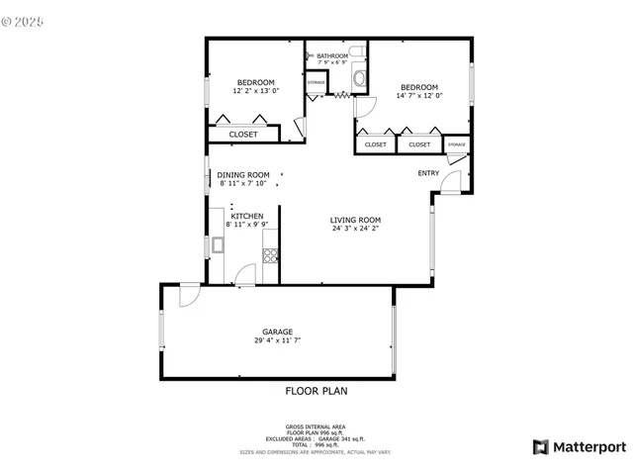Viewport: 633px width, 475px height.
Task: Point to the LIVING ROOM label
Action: (x=355, y=220)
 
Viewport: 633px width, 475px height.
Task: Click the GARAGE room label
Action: (x=277, y=332)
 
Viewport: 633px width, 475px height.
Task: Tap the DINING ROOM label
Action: (x=243, y=175)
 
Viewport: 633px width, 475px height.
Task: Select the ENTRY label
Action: (x=428, y=173)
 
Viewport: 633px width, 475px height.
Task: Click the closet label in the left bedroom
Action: (x=243, y=135)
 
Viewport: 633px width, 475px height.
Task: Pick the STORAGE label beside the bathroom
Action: (x=316, y=82)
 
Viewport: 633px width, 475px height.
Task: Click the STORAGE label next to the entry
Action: (x=456, y=144)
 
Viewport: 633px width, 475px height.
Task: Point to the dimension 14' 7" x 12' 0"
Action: (x=418, y=96)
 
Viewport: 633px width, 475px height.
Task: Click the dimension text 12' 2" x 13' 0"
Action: (x=255, y=91)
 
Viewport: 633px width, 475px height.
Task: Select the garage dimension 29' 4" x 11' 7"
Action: (x=277, y=340)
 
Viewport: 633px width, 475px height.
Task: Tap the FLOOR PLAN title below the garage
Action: (x=316, y=391)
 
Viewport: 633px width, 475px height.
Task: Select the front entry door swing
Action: (x=450, y=182)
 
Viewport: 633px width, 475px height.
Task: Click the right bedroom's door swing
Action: (x=365, y=108)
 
